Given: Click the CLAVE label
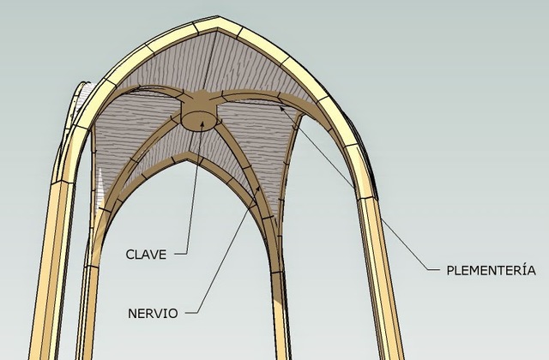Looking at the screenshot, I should click(x=146, y=254).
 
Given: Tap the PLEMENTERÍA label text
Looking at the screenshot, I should click(x=492, y=271).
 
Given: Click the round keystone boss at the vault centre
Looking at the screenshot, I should click(x=200, y=117).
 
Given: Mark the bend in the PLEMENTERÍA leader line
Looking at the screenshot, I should click(x=425, y=268).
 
